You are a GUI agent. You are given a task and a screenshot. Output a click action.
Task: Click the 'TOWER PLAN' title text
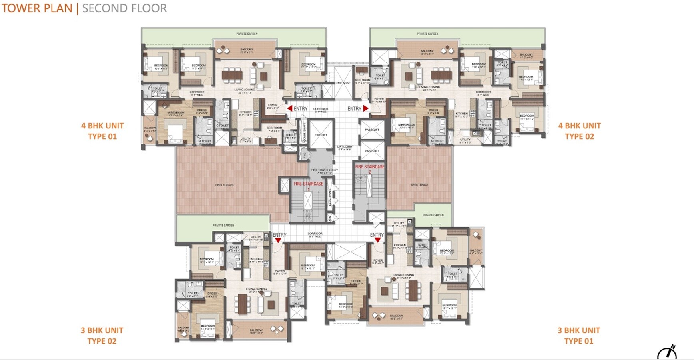click(x=37, y=8)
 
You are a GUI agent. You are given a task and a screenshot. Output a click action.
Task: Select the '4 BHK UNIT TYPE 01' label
click(x=102, y=131)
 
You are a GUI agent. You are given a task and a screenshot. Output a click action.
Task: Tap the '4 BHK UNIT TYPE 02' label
click(x=579, y=131)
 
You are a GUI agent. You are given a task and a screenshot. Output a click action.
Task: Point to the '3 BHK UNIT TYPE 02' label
click(x=102, y=336)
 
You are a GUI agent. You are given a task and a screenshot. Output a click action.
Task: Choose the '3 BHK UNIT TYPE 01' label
click(x=578, y=336)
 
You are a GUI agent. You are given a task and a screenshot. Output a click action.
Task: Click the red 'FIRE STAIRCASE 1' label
click(x=308, y=184)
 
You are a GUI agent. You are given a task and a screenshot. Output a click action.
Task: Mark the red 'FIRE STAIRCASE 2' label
click(x=369, y=167)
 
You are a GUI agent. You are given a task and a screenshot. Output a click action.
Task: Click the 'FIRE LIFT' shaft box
click(x=321, y=135)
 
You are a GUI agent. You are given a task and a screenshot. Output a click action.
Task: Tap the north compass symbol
click(x=668, y=352)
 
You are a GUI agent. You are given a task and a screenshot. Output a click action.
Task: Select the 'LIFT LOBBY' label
click(x=344, y=147)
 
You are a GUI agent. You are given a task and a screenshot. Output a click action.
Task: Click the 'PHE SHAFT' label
click(x=343, y=83)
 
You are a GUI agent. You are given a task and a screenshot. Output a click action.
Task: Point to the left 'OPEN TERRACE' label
click(x=225, y=185)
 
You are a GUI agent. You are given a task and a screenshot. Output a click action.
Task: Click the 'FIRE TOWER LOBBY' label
click(x=324, y=170)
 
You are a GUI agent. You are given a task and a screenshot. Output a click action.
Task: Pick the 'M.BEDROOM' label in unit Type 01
click(x=176, y=113)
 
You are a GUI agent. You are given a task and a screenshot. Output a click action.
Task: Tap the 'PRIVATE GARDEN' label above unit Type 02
click(x=427, y=34)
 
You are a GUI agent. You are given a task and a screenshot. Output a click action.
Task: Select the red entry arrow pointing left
click(x=289, y=108)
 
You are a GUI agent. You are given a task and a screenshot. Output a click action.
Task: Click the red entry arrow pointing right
click(x=366, y=108)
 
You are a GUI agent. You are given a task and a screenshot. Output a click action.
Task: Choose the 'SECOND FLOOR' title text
click(x=124, y=8)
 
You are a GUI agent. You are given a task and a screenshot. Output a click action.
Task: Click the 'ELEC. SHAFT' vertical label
click(x=330, y=197)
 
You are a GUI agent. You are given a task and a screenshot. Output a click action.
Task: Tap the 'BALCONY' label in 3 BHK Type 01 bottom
click(x=396, y=316)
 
